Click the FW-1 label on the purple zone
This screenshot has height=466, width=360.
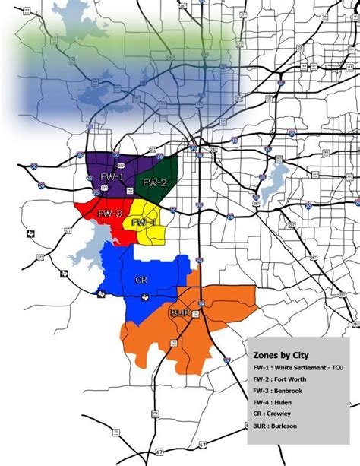tap(110, 176)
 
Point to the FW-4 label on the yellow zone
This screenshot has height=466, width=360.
tap(143, 222)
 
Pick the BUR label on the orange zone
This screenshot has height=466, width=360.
tap(179, 312)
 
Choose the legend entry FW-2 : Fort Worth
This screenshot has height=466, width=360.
tap(282, 379)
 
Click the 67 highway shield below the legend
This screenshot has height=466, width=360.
tap(203, 443)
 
